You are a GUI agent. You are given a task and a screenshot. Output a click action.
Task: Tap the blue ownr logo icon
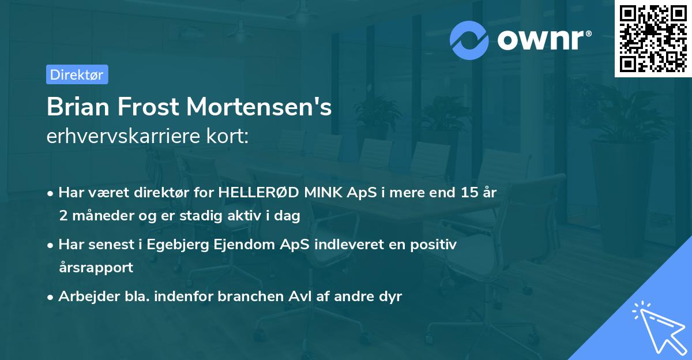469,40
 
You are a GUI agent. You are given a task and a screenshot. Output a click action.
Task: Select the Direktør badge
77,74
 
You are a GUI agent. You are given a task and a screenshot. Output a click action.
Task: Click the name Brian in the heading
79,107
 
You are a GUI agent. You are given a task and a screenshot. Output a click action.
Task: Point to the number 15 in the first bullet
462,193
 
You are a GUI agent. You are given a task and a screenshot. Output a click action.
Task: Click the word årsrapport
96,267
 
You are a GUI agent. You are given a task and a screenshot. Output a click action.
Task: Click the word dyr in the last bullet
390,297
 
